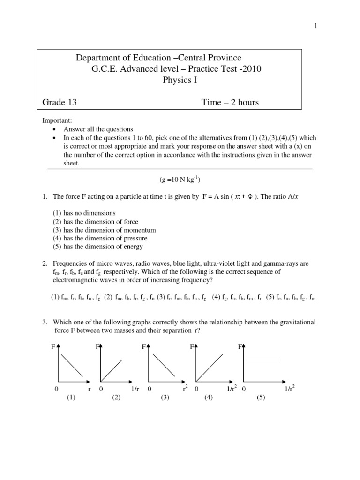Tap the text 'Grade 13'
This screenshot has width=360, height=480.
point(59,102)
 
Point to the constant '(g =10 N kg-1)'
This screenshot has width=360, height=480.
point(180,179)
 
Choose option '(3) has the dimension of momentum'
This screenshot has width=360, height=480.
point(104,230)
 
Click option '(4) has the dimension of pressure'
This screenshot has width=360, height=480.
point(100,239)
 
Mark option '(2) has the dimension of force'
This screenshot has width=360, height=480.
point(95,222)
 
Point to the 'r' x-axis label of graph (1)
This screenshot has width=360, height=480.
point(89,390)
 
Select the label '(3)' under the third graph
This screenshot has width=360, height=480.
point(165,397)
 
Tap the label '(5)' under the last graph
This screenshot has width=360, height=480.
point(261,397)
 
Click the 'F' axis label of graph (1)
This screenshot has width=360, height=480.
point(53,348)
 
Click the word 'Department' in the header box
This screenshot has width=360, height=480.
point(96,58)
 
